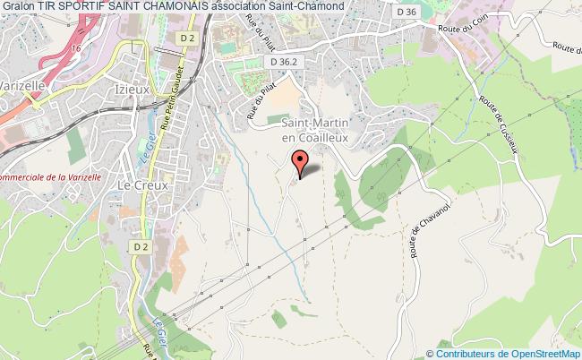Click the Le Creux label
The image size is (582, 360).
click(138, 185)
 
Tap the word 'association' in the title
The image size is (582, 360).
click(238, 7)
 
